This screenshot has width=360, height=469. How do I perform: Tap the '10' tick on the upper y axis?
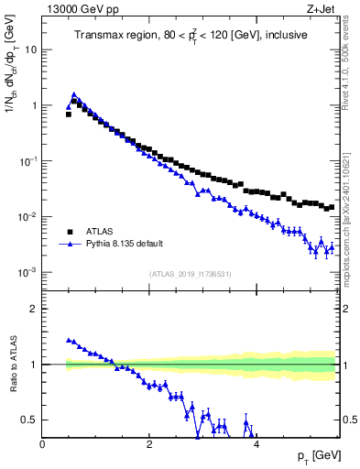pyautogui.click(x=31, y=49)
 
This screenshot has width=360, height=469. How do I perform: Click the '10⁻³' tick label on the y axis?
pyautogui.click(x=28, y=273)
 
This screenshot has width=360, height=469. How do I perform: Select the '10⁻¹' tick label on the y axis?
pyautogui.click(x=28, y=161)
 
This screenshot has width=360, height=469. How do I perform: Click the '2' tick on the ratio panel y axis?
pyautogui.click(x=34, y=309)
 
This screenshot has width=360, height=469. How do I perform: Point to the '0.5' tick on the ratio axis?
pyautogui.click(x=30, y=420)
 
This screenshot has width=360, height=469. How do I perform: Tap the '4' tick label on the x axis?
pyautogui.click(x=256, y=444)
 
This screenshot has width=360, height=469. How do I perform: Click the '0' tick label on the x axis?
pyautogui.click(x=42, y=444)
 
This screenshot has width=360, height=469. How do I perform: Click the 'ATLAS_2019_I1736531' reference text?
pyautogui.click(x=190, y=275)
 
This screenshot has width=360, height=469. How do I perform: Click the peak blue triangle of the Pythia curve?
pyautogui.click(x=73, y=94)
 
